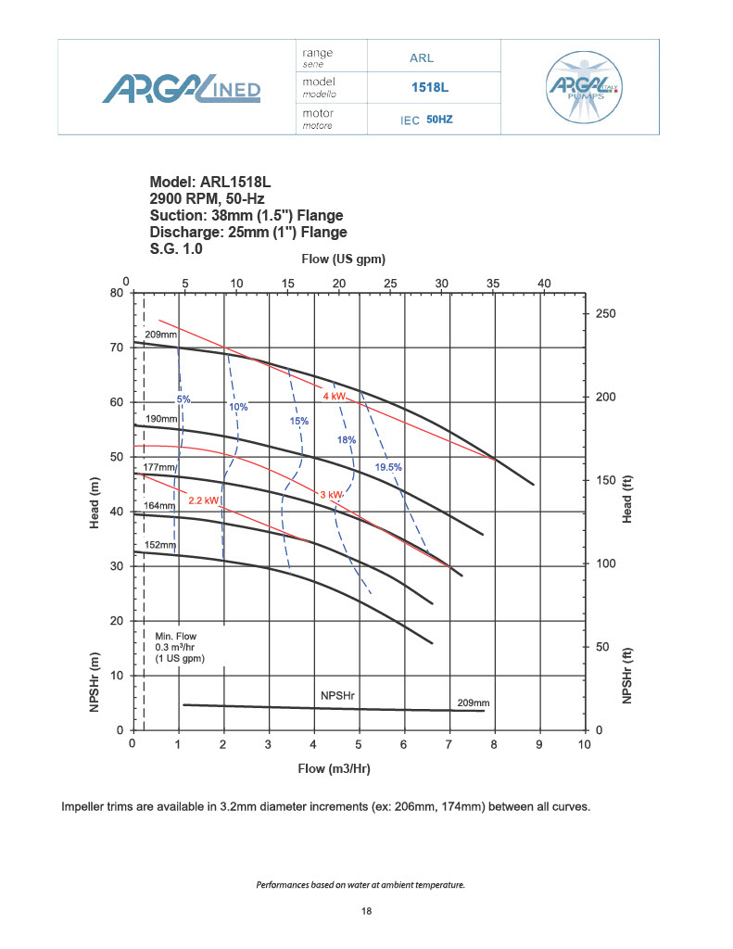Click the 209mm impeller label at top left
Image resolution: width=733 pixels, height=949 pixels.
[x=159, y=335]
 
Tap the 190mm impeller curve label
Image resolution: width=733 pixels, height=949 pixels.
[x=159, y=419]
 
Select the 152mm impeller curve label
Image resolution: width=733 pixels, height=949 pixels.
[x=159, y=545]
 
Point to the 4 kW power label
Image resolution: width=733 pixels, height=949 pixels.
[x=334, y=397]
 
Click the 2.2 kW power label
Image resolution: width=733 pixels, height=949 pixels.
[x=204, y=500]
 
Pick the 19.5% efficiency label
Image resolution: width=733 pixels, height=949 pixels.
[x=388, y=467]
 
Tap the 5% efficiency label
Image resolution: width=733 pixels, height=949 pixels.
[x=183, y=399]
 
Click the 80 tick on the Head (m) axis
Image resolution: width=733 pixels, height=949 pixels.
[x=117, y=293]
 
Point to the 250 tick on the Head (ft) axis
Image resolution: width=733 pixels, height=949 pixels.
[x=605, y=314]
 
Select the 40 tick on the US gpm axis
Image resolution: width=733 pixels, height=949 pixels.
[x=544, y=283]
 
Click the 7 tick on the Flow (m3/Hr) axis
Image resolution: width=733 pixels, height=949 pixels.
[x=449, y=744]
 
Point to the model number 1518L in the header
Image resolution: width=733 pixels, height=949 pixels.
[x=428, y=89]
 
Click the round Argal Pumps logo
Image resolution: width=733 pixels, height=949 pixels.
[x=585, y=88]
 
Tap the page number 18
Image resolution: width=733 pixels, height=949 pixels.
[x=367, y=912]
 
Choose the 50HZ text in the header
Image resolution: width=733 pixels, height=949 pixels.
[x=439, y=120]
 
